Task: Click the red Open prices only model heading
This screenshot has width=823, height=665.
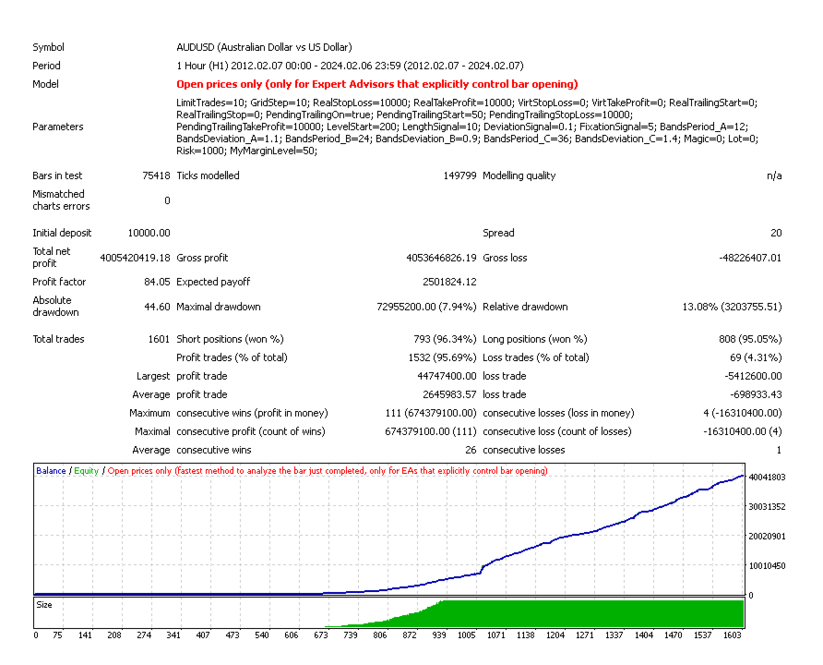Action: pos(376,84)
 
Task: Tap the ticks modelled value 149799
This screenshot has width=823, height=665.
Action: pos(455,175)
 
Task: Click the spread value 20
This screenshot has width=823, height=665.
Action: pos(775,233)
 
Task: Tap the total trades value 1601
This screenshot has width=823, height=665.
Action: pos(158,339)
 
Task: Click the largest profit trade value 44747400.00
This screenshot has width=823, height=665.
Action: pos(447,376)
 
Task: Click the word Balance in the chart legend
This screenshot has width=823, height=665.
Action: pos(51,471)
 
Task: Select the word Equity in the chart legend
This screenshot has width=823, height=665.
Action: pos(86,471)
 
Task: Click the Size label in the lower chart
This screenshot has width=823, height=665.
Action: pos(44,605)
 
